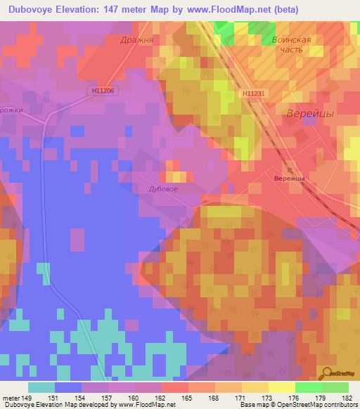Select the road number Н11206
click(102, 91)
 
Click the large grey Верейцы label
click(309, 113)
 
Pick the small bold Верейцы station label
click(288, 179)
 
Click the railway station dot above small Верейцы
click(289, 169)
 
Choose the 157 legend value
click(109, 397)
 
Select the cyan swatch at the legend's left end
click(41, 387)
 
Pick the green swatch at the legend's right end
click(335, 387)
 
